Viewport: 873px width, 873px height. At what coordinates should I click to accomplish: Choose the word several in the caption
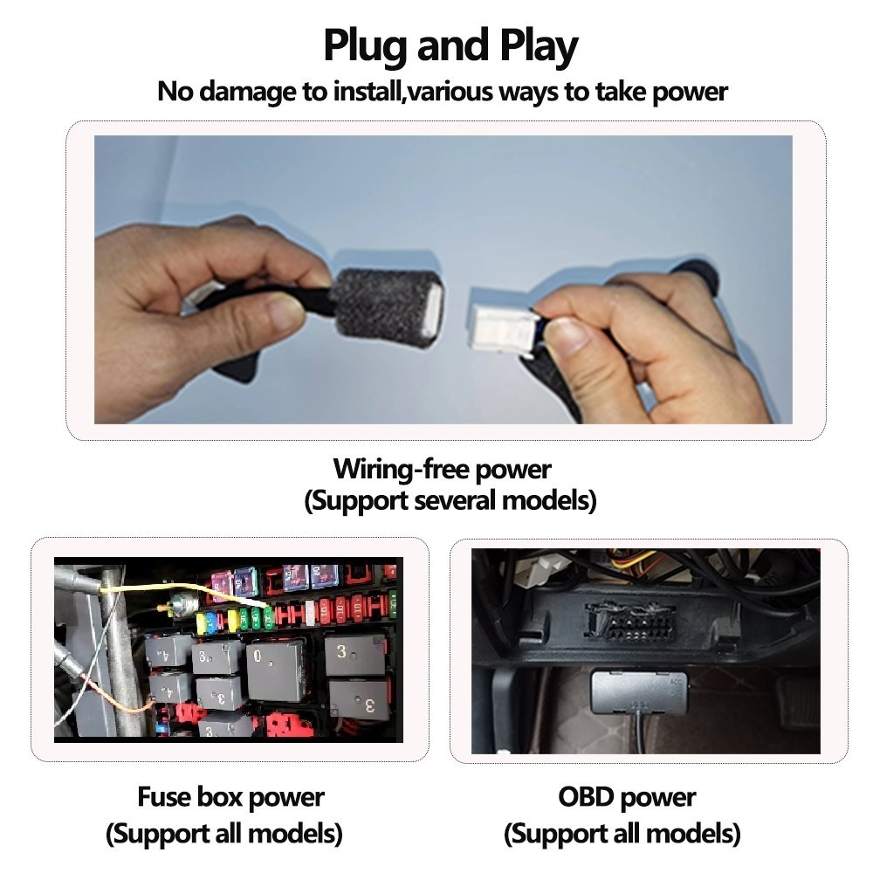(x=454, y=500)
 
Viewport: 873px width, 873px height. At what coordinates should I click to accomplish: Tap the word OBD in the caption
(x=584, y=797)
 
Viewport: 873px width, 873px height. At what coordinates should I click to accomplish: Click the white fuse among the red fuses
(x=310, y=612)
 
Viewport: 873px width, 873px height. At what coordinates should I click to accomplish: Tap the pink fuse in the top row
(x=221, y=583)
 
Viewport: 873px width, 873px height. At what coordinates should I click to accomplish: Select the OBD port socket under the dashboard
(x=629, y=622)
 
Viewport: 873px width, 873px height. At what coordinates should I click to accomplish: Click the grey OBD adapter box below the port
(x=638, y=692)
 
